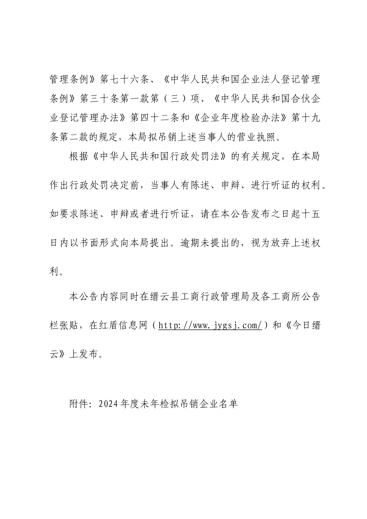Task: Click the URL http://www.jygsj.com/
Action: (x=211, y=326)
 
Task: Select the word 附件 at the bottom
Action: (x=79, y=404)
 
